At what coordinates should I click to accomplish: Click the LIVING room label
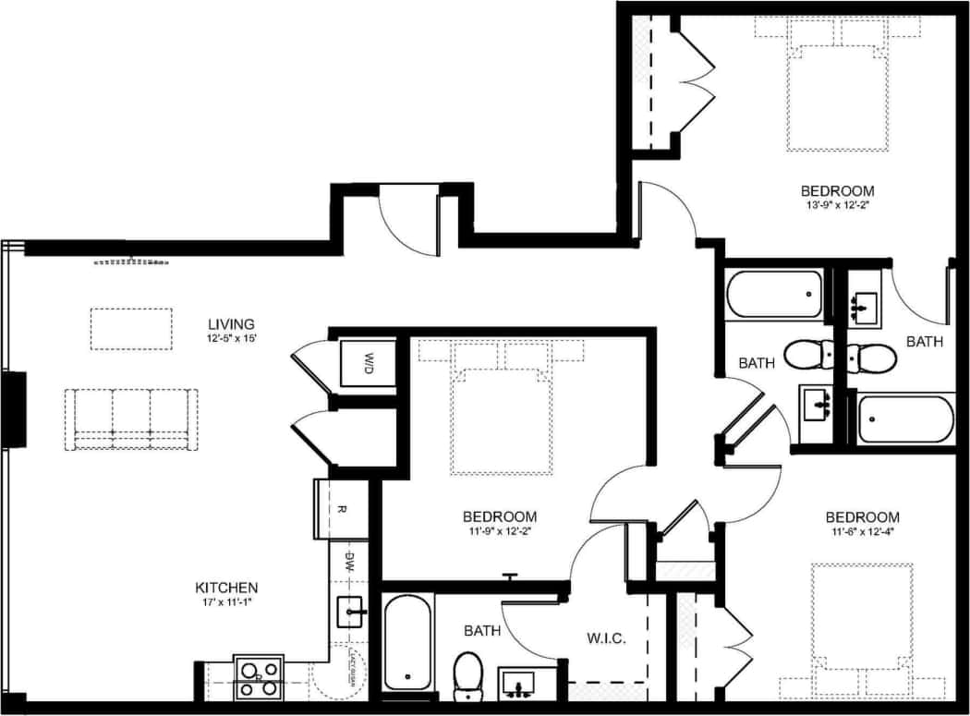tap(231, 323)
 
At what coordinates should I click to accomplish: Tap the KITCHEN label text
tap(226, 588)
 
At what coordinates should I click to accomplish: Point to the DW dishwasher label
tap(350, 561)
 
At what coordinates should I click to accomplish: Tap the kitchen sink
tap(352, 612)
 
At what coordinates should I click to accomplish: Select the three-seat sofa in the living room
tap(131, 419)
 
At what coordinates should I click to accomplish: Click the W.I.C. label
tap(608, 638)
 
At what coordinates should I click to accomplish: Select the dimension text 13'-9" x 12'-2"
tap(837, 205)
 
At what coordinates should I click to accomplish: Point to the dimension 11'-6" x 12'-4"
tap(862, 531)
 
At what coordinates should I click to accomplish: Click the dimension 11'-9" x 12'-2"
tap(499, 531)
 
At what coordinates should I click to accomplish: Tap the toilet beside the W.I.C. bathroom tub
tap(469, 674)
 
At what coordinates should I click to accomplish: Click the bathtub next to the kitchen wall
tap(407, 643)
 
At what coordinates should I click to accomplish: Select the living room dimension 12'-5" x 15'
tap(231, 338)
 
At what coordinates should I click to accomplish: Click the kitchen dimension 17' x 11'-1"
tap(226, 602)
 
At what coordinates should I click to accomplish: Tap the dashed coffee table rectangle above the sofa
tap(131, 329)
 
